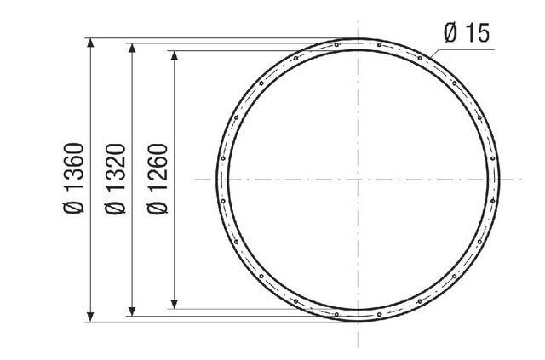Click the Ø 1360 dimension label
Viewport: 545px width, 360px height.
[73, 178]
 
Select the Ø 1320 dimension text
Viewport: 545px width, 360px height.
[115, 179]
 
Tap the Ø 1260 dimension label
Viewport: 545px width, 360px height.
[158, 179]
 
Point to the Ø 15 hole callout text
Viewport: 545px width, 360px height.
[467, 32]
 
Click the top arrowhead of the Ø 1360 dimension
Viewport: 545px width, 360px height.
[90, 42]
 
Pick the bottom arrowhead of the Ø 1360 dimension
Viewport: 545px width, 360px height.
[90, 317]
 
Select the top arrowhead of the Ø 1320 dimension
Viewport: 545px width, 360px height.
[132, 48]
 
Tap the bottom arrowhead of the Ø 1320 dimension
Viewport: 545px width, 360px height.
[132, 311]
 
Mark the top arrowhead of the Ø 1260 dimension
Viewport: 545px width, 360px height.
[175, 55]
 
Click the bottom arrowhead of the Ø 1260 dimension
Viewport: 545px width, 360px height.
[175, 304]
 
